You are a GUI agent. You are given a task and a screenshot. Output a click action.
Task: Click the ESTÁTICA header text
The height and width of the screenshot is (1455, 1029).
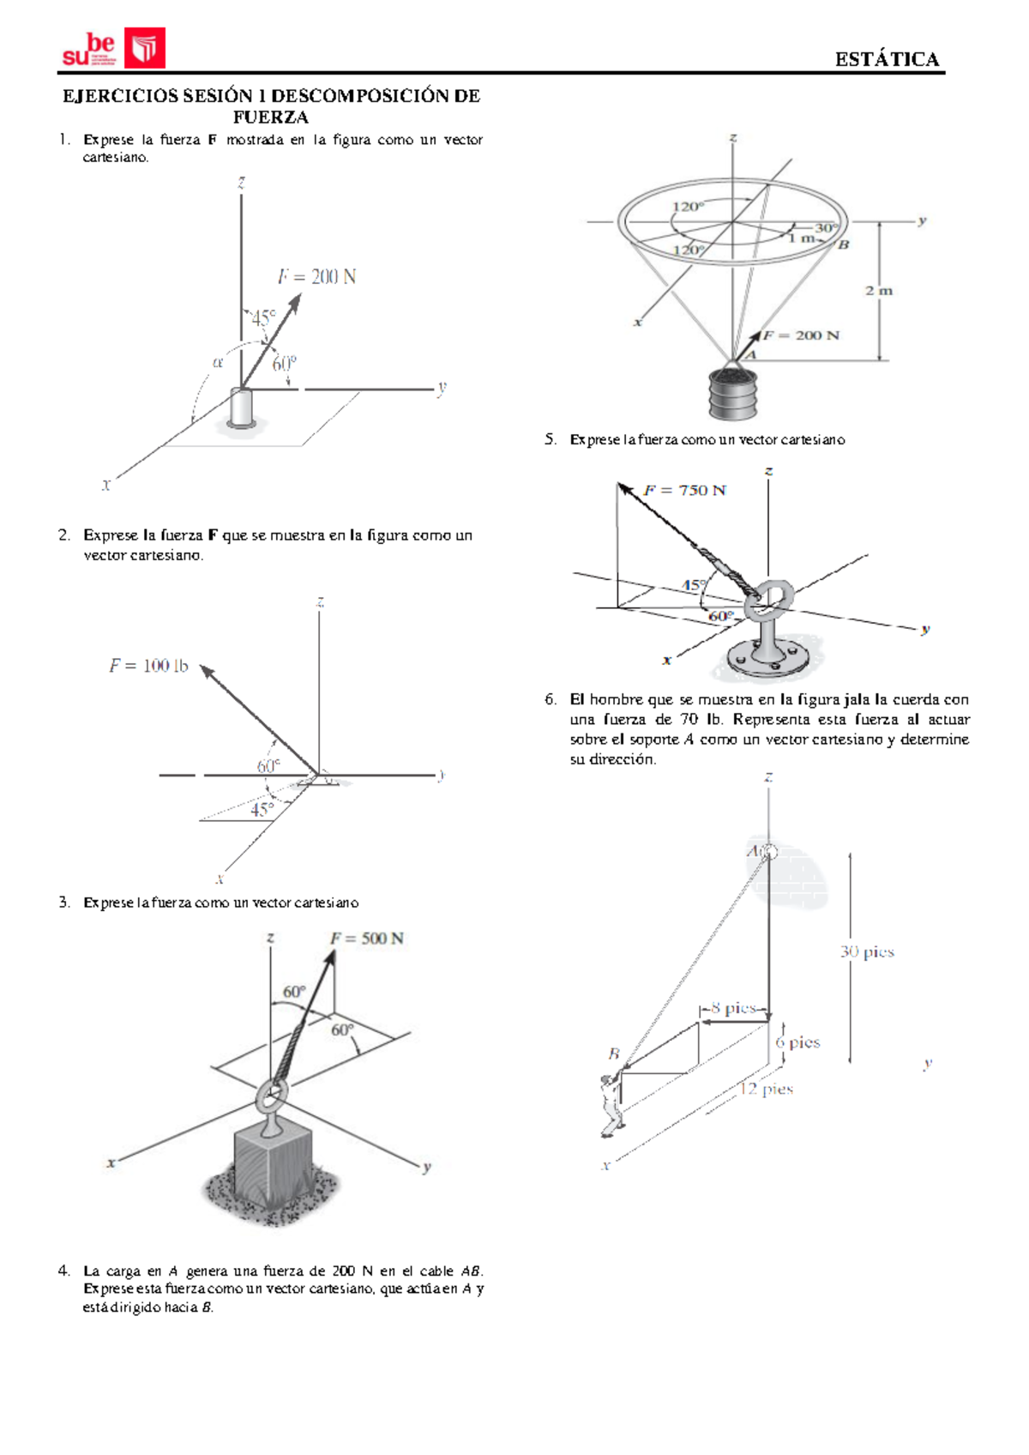tap(887, 59)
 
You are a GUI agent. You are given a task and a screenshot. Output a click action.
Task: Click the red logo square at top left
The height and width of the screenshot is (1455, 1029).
tap(144, 48)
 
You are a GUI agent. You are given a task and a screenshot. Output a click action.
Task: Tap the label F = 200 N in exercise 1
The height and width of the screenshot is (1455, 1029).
tap(316, 276)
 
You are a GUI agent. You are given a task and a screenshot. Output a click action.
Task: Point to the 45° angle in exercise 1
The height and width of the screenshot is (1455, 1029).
tap(263, 318)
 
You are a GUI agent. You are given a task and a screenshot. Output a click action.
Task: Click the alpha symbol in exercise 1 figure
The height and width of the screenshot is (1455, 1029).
tap(218, 362)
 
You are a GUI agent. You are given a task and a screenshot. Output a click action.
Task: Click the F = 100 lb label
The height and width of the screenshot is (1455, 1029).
tap(148, 666)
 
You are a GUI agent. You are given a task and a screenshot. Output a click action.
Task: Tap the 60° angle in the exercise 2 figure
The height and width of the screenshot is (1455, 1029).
tap(268, 766)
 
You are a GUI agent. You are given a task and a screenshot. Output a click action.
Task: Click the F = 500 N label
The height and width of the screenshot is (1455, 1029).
tap(367, 939)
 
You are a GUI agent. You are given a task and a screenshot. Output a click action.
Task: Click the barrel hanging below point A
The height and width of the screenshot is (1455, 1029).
tap(733, 395)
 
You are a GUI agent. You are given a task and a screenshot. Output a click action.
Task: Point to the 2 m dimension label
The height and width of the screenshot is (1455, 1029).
tap(879, 291)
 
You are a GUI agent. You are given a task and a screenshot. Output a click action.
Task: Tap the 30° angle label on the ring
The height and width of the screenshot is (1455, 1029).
tap(826, 228)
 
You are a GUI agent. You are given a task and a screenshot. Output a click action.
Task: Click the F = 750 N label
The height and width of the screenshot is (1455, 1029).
tap(684, 491)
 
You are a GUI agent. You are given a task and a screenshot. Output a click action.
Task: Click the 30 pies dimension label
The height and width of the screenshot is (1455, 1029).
tap(867, 951)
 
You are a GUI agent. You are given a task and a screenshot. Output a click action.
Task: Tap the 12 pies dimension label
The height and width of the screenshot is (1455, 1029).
tap(767, 1090)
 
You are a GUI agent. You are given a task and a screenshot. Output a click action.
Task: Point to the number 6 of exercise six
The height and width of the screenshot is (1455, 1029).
tap(550, 699)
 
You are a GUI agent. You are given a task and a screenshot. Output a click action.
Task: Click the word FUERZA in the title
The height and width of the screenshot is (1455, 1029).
tap(270, 117)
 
